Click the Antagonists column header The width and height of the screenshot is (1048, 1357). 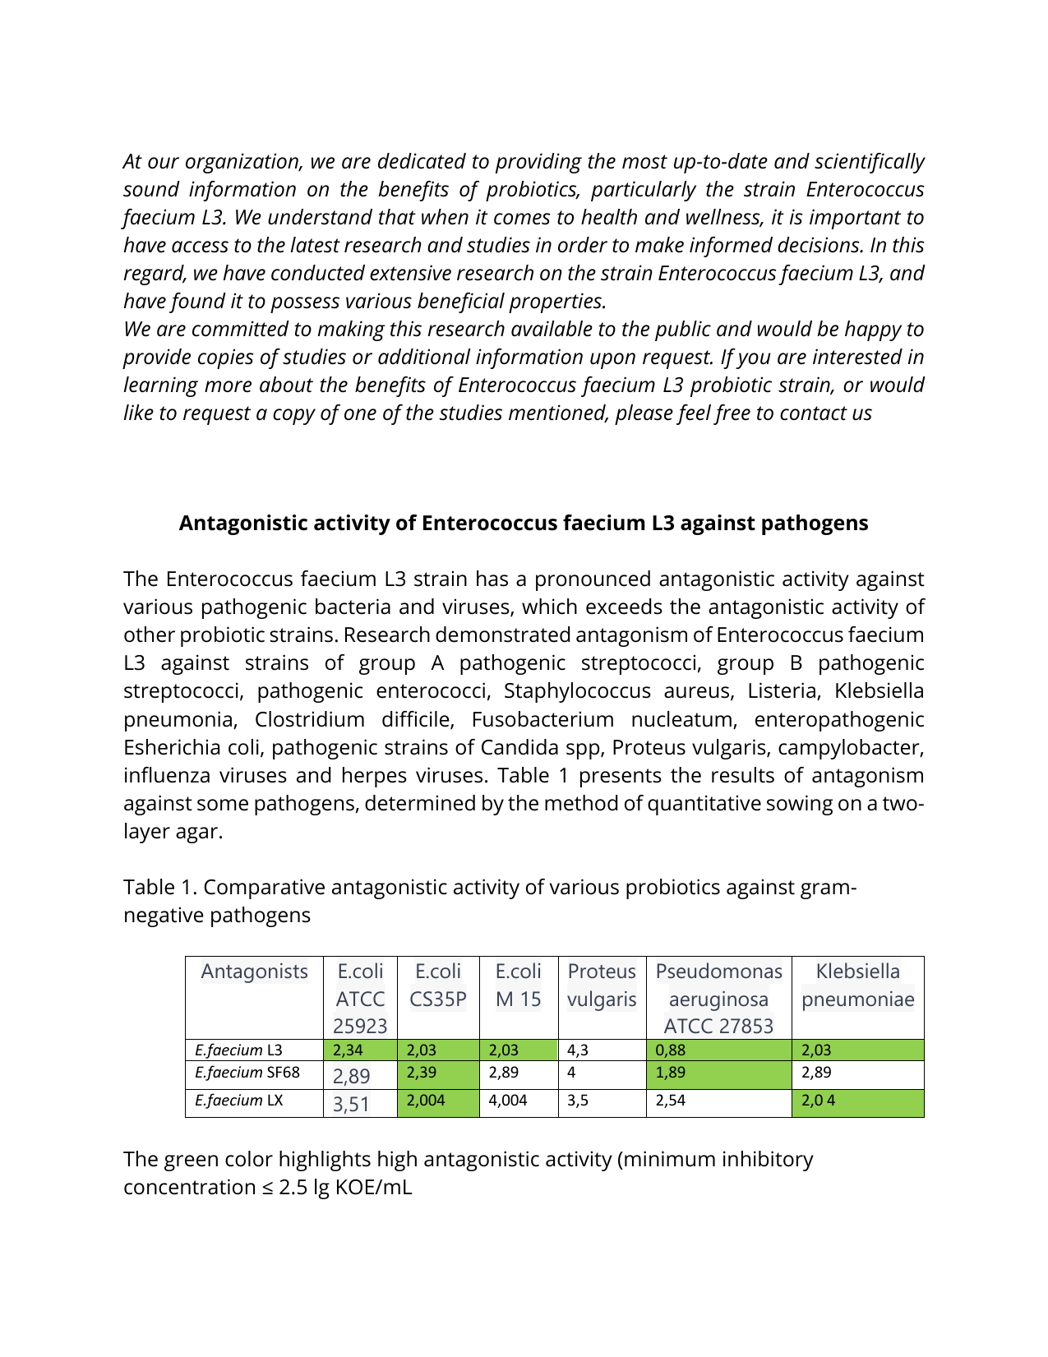coord(254,972)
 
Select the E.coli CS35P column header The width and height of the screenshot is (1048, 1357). coord(437,985)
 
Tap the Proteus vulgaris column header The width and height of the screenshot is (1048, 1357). coord(602,985)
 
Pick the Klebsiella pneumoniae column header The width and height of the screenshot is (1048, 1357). coord(857,985)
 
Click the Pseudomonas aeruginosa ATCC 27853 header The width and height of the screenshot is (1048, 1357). coord(718,998)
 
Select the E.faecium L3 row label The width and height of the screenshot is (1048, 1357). coord(238,1050)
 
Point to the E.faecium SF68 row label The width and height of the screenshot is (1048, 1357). coord(247,1073)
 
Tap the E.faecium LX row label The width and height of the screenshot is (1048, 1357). coord(238,1101)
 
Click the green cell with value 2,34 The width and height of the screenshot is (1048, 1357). coord(359,1050)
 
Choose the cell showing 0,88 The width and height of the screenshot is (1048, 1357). coord(718,1050)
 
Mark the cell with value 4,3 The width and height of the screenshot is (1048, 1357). coord(602,1050)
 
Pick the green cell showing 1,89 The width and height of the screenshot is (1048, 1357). coord(718,1073)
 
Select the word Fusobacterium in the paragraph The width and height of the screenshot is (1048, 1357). coord(542,719)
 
